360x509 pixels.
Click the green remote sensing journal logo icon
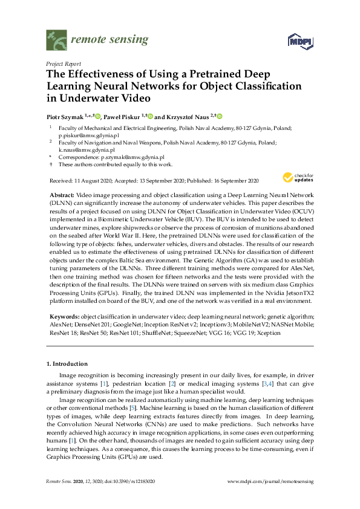[x=57, y=41]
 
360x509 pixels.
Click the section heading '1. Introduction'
[x=67, y=364]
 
